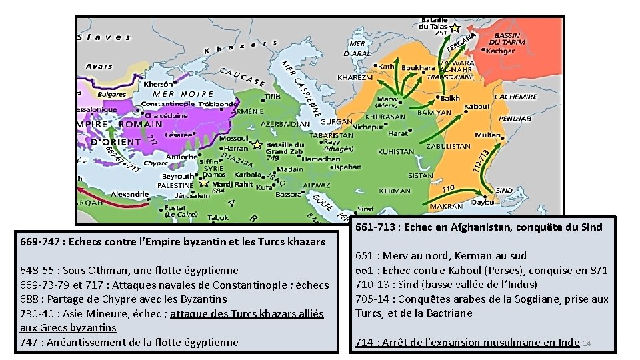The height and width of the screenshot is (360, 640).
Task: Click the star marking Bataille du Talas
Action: click(455, 28)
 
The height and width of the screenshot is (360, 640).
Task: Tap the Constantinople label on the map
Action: click(167, 104)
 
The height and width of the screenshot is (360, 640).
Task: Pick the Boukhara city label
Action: click(418, 68)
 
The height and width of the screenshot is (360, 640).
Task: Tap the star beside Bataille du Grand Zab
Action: click(257, 144)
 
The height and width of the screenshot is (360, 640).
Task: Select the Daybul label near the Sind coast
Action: click(484, 201)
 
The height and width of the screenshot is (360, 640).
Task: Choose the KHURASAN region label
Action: click(385, 117)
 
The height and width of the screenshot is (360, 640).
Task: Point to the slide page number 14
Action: click(587, 343)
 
